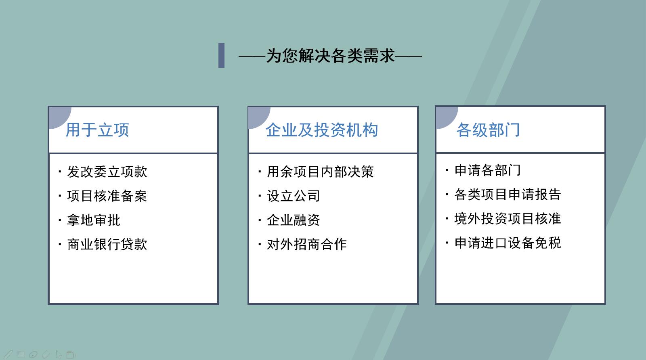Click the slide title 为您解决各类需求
(x=330, y=56)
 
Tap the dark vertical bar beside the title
(x=221, y=55)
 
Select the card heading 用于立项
(x=97, y=130)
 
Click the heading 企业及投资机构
(x=322, y=130)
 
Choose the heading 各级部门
(x=488, y=130)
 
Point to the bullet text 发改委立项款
(x=107, y=172)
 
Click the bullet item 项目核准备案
(x=107, y=196)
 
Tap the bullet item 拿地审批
(x=94, y=220)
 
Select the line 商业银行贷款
(x=107, y=244)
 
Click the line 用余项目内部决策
(x=320, y=172)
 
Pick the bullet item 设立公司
(x=294, y=196)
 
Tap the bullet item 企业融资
(x=294, y=220)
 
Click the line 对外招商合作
(x=307, y=244)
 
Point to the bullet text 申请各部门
(x=488, y=170)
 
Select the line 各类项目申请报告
(x=508, y=195)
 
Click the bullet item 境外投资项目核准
(x=508, y=219)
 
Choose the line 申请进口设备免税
(x=508, y=243)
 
